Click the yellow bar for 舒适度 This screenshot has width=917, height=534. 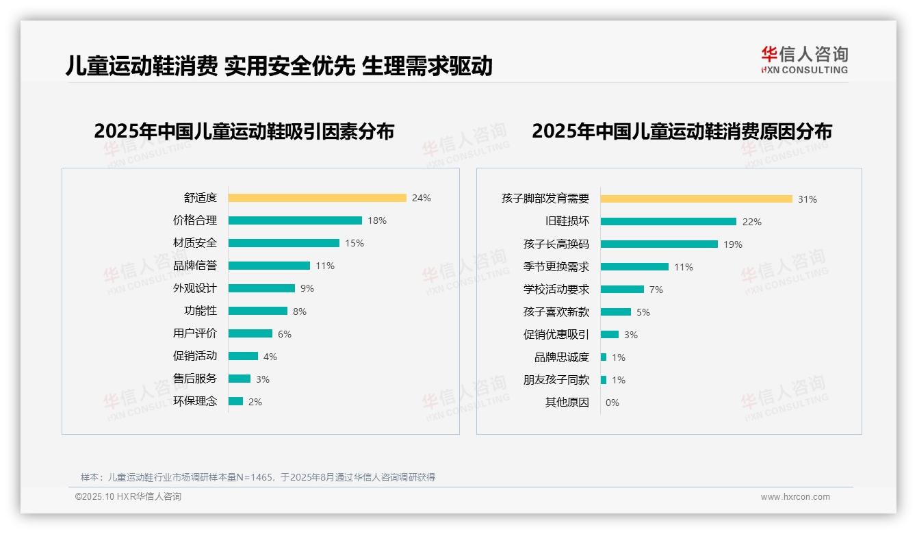click(x=317, y=198)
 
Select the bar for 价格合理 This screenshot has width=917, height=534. click(x=295, y=220)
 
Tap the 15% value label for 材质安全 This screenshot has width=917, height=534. click(x=354, y=243)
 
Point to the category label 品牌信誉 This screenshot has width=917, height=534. click(x=194, y=266)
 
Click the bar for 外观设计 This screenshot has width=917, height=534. click(x=261, y=288)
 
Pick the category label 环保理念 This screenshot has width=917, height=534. click(x=194, y=401)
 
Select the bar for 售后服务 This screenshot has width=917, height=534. click(x=240, y=379)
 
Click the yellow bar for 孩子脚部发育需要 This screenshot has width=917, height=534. click(x=696, y=199)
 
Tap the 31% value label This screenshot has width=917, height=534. click(x=807, y=199)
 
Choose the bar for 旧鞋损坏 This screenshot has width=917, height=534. click(x=668, y=222)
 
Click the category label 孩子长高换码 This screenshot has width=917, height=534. click(x=556, y=244)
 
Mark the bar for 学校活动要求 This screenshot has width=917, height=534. click(x=622, y=290)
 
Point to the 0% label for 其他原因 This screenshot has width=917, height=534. click(x=612, y=403)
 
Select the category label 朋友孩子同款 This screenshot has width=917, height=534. click(x=556, y=380)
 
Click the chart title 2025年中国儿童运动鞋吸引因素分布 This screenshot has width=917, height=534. click(x=244, y=131)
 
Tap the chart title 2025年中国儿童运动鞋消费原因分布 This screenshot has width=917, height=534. click(x=682, y=131)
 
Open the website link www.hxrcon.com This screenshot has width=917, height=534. click(x=795, y=497)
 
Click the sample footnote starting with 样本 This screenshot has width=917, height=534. click(x=258, y=477)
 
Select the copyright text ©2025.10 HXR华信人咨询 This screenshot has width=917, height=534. click(x=128, y=497)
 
